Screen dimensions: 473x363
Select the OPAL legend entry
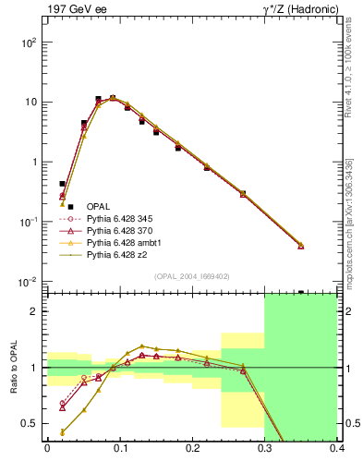[x=97, y=206]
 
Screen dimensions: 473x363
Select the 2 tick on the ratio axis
[x=36, y=311]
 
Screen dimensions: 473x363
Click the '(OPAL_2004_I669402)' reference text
[x=191, y=274]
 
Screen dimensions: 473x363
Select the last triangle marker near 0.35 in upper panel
[x=326, y=245]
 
